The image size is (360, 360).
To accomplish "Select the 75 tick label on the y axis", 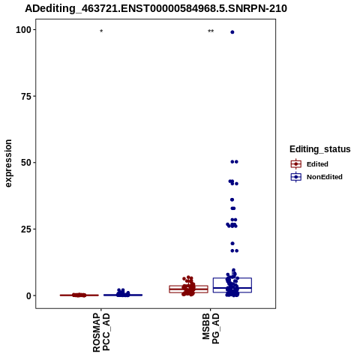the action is coord(26,97).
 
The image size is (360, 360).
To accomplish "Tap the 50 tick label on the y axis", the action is coord(26,163).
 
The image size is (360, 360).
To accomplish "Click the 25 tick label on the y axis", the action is coord(26,229).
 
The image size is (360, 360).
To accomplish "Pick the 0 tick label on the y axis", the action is coord(29,295).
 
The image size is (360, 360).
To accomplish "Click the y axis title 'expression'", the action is coord(8,163).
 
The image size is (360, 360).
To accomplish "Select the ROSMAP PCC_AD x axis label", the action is coord(101,332).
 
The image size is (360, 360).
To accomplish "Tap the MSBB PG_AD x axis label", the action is coord(211,328).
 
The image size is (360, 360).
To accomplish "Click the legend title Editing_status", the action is coord(320,149).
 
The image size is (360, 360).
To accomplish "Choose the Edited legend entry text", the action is coord(317,164).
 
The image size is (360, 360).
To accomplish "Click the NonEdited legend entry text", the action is coord(325,177).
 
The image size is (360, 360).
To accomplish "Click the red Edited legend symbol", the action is coord(296,164).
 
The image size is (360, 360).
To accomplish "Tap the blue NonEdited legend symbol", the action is coord(296,177).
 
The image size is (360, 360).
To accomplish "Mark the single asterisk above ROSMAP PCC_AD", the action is coord(101,31).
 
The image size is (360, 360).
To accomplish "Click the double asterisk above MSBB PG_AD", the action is coord(211,31).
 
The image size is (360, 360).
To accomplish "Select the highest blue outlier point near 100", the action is coord(232,32).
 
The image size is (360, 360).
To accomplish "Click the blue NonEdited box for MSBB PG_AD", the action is coord(232,285).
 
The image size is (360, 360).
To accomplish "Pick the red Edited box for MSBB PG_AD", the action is coord(188,289).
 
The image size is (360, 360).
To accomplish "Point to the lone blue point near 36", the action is coord(232,199).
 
